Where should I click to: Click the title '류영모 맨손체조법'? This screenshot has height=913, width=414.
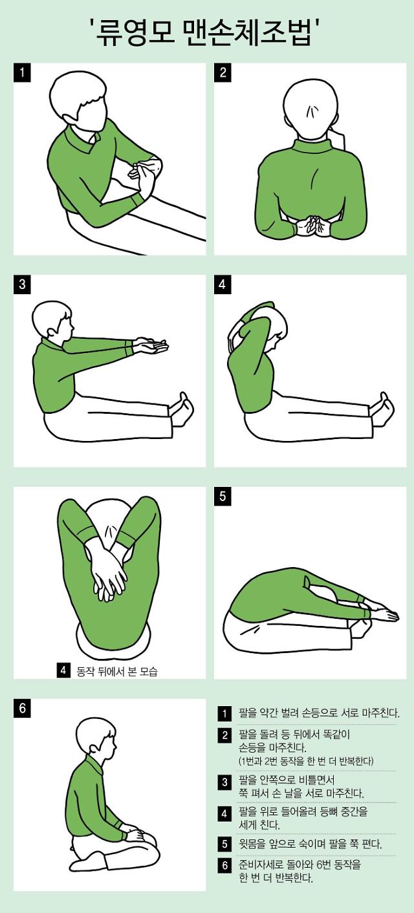pyautogui.click(x=207, y=32)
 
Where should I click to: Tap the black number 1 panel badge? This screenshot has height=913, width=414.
pyautogui.click(x=22, y=73)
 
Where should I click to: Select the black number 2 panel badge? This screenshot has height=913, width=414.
pyautogui.click(x=223, y=73)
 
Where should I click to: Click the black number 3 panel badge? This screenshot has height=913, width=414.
pyautogui.click(x=22, y=284)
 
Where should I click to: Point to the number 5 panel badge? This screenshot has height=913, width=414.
pyautogui.click(x=223, y=496)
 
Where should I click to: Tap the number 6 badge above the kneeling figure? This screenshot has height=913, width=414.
pyautogui.click(x=22, y=708)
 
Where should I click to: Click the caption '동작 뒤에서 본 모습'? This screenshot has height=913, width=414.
pyautogui.click(x=117, y=671)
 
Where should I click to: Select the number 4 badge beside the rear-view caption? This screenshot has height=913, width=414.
pyautogui.click(x=63, y=671)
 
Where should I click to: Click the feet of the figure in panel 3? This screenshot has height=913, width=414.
pyautogui.click(x=182, y=410)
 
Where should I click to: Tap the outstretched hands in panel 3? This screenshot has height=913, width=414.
pyautogui.click(x=150, y=346)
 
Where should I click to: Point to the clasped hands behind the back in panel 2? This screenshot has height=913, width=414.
pyautogui.click(x=312, y=226)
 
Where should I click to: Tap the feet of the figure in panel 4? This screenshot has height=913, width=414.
pyautogui.click(x=382, y=410)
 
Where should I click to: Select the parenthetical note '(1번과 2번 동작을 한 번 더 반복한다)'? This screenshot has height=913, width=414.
pyautogui.click(x=306, y=760)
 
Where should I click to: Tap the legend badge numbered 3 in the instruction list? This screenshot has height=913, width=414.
pyautogui.click(x=224, y=782)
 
